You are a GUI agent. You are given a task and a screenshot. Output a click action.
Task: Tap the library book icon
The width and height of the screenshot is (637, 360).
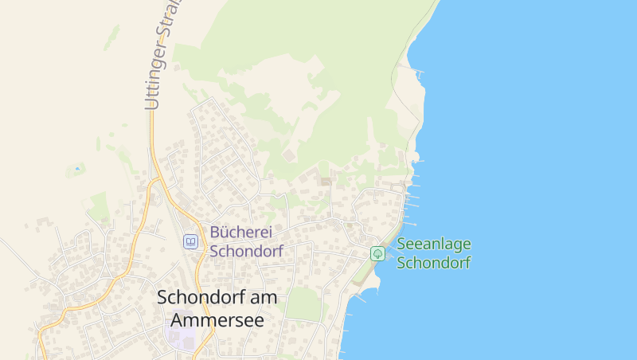(190, 241)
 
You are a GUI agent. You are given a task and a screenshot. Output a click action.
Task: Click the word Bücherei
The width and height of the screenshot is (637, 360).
(241, 233)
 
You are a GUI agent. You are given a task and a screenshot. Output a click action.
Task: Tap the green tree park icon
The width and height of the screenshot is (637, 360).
(378, 253)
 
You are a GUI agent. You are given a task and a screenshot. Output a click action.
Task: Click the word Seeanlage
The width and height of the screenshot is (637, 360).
(434, 245)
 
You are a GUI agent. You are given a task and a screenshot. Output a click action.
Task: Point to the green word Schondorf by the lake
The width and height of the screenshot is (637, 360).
(434, 262)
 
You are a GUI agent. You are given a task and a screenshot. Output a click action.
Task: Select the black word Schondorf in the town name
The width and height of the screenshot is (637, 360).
(196, 297)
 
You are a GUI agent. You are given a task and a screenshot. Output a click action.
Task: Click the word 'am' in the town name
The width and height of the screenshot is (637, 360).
(260, 297)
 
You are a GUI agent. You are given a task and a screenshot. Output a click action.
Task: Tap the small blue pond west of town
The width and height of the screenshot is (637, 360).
(77, 169)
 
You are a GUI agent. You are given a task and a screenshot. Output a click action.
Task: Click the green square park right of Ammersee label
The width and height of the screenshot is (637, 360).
(303, 304)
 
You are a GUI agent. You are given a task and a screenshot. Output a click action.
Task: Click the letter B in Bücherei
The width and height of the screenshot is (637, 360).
(215, 233)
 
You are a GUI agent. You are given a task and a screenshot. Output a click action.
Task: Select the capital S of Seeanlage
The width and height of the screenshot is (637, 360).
(402, 245)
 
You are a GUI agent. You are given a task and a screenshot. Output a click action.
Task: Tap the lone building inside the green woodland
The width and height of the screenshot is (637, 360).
(287, 154)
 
